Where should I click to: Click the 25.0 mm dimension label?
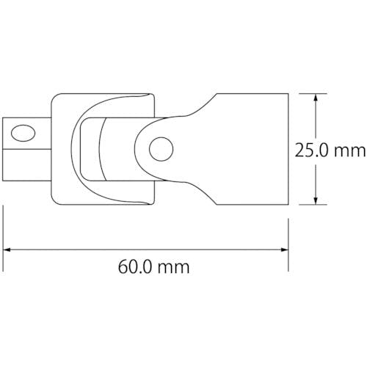(330, 150)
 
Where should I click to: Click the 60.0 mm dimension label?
(154, 266)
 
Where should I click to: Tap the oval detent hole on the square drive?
(23, 134)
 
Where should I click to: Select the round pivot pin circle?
(161, 149)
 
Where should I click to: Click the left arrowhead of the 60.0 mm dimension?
(8, 250)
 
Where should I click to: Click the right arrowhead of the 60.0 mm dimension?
(283, 250)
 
